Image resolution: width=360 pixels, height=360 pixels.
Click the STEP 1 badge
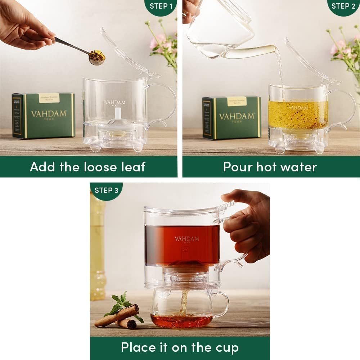(161, 6)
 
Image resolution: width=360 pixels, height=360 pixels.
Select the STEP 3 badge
(106, 190)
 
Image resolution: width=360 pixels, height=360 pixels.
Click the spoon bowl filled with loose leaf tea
(97, 57)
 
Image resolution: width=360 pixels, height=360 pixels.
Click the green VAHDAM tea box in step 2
(232, 117)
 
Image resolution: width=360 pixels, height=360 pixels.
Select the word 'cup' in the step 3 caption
(227, 347)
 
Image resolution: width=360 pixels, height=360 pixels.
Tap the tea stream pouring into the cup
(184, 302)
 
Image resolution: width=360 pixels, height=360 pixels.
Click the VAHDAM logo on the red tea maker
(186, 239)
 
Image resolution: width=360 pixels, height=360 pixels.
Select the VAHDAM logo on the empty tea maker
(115, 103)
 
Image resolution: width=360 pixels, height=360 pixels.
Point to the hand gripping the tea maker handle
(248, 223)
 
